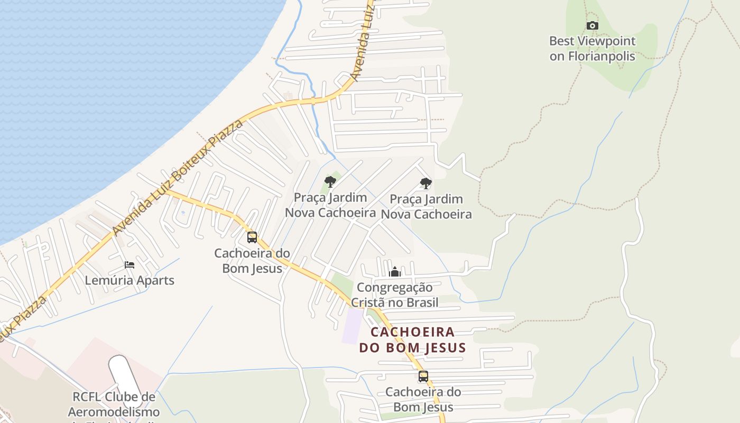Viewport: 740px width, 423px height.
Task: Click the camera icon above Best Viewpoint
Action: click(593, 25)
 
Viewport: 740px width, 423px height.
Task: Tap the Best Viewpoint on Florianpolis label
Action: click(592, 49)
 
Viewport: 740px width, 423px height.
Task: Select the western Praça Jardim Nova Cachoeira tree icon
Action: click(330, 182)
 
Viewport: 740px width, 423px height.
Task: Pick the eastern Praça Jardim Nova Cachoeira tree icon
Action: click(425, 183)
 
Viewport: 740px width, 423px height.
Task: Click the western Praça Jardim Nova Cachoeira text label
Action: click(330, 205)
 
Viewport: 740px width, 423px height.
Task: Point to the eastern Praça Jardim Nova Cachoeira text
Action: click(426, 207)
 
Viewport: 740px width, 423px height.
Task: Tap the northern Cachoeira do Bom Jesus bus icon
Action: click(252, 237)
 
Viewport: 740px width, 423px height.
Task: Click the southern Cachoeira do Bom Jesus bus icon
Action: click(423, 376)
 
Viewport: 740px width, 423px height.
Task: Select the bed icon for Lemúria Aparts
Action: click(129, 264)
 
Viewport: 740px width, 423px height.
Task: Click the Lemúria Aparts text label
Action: click(129, 280)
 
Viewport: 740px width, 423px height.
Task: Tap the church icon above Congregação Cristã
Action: click(394, 272)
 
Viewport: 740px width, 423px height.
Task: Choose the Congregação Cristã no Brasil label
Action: click(394, 295)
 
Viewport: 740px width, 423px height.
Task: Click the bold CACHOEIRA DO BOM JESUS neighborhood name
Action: click(412, 340)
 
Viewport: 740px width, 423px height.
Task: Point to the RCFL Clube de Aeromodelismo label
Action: click(114, 404)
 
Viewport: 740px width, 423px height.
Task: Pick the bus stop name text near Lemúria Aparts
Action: click(252, 261)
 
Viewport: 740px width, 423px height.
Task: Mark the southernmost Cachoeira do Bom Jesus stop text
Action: click(423, 400)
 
